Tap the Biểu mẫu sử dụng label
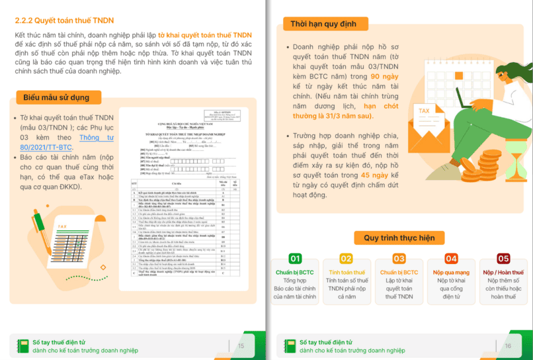click(56, 97)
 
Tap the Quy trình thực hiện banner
click(399, 238)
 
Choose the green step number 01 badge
click(296, 259)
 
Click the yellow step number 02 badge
click(346, 259)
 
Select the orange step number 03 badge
click(399, 259)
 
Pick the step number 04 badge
click(451, 259)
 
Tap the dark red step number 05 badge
click(503, 259)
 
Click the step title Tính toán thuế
click(346, 272)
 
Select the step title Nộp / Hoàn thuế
click(503, 272)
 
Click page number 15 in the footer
click(241, 345)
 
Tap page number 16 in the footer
click(507, 345)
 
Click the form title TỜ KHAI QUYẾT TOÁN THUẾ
click(180, 134)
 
